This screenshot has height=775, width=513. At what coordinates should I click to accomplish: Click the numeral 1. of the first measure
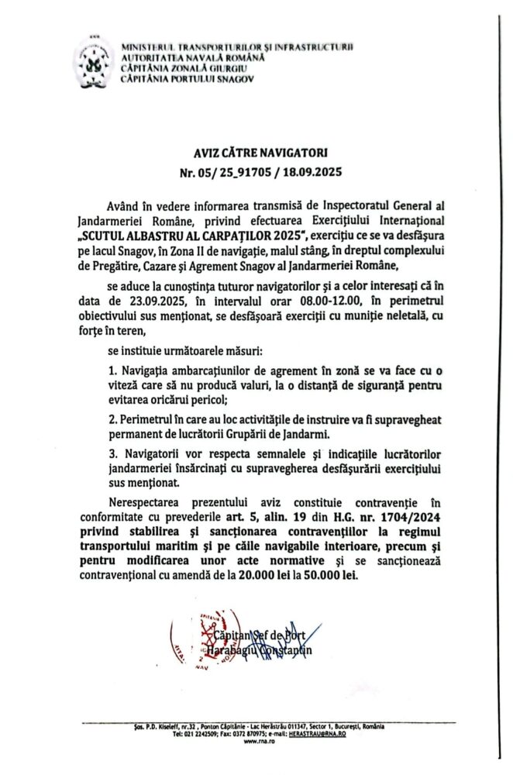click(x=113, y=374)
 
